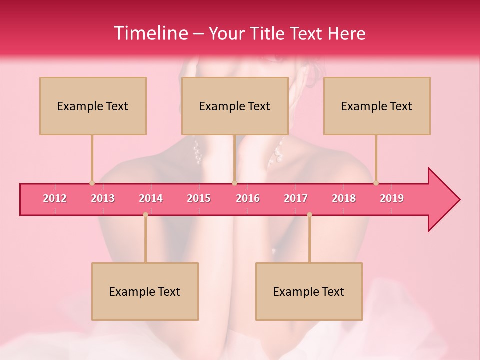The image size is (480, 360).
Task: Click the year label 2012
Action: tap(55, 198)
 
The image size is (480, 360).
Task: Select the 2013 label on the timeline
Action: tap(103, 198)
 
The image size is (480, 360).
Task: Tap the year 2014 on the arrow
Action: tap(151, 198)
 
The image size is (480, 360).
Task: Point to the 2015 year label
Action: tap(199, 198)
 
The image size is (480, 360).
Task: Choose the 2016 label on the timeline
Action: tap(248, 198)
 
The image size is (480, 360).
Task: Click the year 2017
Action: tap(296, 198)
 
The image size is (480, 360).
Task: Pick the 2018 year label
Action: tap(344, 198)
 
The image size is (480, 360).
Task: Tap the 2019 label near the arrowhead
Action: tap(392, 198)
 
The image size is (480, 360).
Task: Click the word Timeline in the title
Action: tap(150, 33)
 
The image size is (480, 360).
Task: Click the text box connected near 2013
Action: tap(93, 106)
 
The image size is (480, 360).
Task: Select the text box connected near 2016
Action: tap(235, 106)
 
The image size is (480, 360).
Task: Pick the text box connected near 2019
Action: tap(377, 106)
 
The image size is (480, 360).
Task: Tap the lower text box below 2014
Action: tap(145, 291)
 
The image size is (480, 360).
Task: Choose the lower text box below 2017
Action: tap(309, 291)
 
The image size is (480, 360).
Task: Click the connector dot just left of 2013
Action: tap(92, 183)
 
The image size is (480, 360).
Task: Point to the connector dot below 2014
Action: tap(145, 215)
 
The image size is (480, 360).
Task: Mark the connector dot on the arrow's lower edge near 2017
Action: tap(309, 215)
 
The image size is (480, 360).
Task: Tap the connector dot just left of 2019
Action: tap(376, 183)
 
